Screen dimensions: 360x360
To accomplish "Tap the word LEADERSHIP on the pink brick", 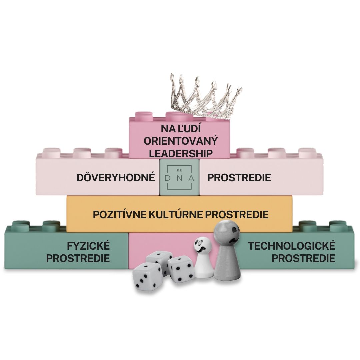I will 181,153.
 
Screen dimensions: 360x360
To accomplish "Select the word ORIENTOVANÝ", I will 181,141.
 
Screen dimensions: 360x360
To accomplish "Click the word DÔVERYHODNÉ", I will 116,177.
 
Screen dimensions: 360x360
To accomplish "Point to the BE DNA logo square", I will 180,177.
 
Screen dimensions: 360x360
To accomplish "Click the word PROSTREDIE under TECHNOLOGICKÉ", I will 303,258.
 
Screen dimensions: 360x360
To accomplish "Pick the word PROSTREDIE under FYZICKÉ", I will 78,258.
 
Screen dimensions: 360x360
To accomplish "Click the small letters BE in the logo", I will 180,169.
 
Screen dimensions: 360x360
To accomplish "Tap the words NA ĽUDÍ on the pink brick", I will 181,128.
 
